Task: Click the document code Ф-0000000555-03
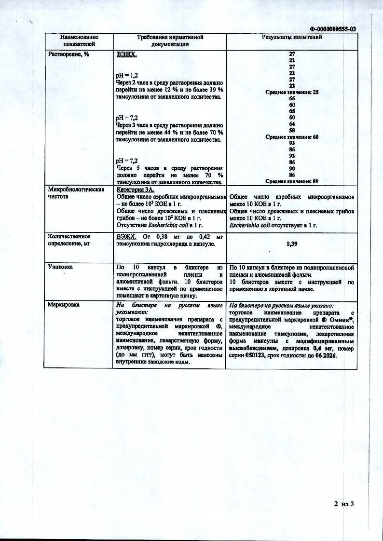point(332,29)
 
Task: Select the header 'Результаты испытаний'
point(292,37)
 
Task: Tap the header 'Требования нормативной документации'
point(170,41)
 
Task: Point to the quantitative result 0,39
point(292,244)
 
